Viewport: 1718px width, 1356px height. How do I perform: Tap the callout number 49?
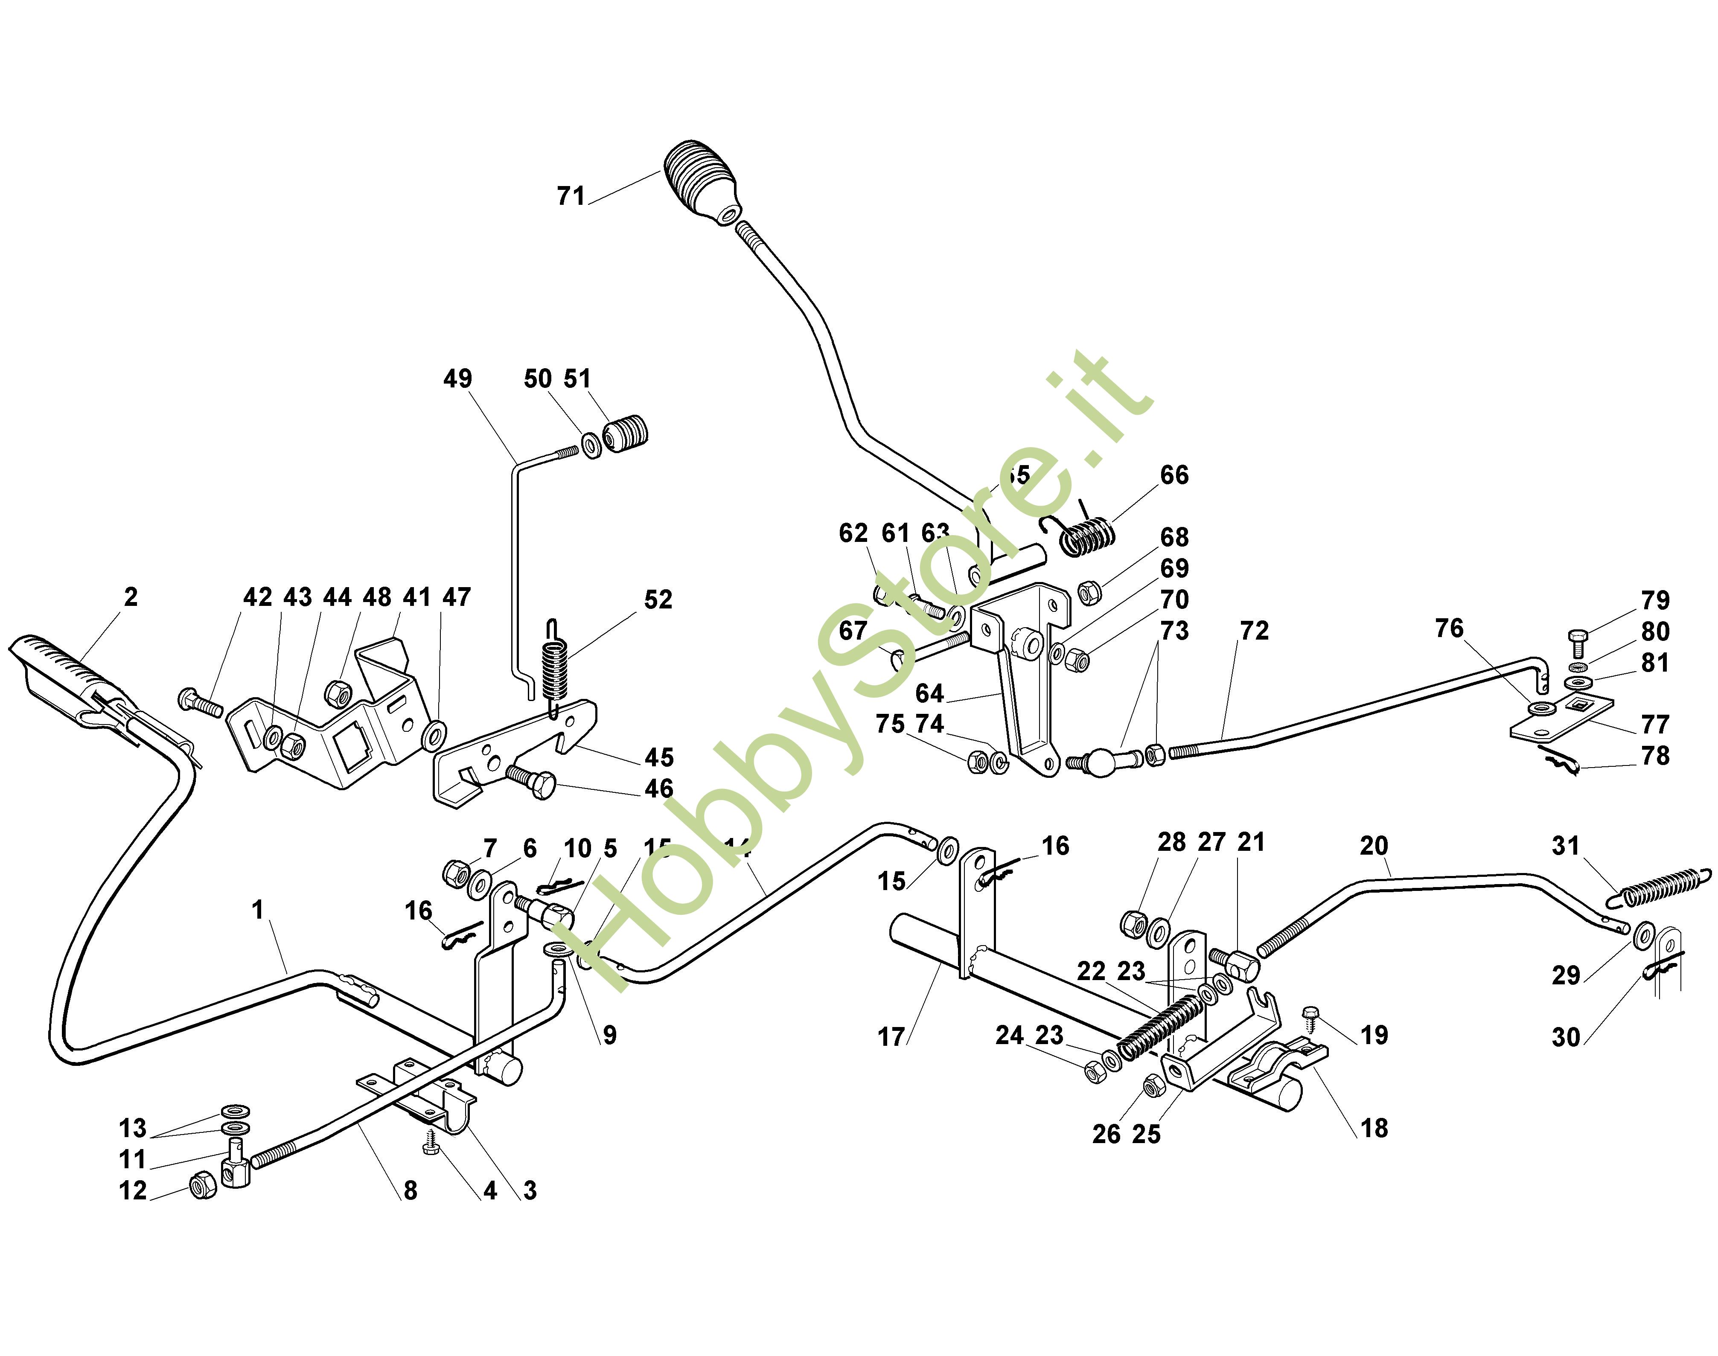[x=457, y=379]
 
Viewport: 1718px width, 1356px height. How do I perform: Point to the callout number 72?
[x=1255, y=631]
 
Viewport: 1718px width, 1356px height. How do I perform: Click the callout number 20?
[x=1374, y=846]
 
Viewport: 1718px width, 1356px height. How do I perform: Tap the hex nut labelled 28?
[x=1134, y=923]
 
